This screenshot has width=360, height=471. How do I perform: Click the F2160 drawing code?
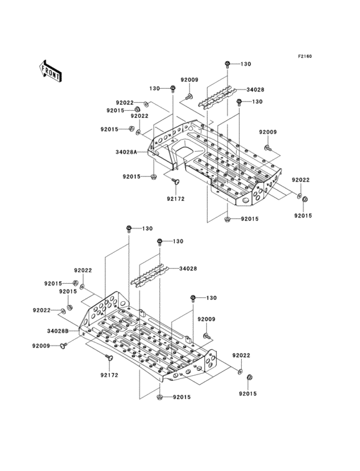click(304, 57)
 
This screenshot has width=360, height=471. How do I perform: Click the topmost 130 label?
click(246, 64)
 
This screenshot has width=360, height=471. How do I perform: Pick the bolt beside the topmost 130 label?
click(228, 64)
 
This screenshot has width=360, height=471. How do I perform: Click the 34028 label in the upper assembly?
click(255, 91)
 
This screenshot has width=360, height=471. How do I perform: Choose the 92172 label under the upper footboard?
click(175, 199)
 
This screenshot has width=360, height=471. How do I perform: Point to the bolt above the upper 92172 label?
click(175, 183)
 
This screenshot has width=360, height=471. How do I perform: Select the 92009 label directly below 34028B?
click(41, 346)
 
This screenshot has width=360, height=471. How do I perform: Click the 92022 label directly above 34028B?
click(42, 310)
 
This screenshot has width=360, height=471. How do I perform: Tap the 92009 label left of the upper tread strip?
click(189, 80)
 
